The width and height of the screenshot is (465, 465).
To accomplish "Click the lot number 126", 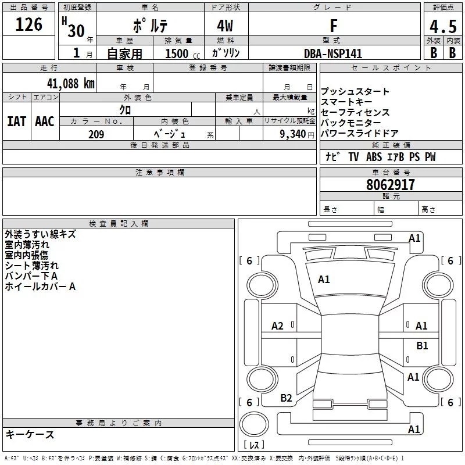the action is [29, 24].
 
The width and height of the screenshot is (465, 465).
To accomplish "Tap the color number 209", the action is [96, 134].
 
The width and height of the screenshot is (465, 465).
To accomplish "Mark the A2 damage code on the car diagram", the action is [278, 326].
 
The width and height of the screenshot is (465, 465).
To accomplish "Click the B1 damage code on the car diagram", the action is [422, 346].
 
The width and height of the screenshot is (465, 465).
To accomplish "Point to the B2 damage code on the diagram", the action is [286, 398].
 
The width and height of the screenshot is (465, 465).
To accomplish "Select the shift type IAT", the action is [16, 121].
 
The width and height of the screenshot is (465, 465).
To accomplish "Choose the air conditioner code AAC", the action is [44, 121].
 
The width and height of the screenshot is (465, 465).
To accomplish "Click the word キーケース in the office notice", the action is [30, 435].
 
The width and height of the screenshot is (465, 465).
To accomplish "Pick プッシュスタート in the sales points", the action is [355, 92].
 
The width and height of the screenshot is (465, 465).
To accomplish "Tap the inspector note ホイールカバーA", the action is [40, 287].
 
